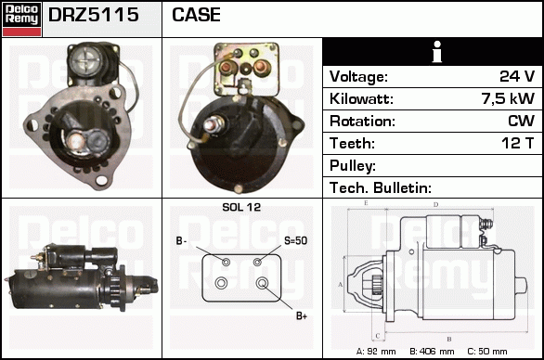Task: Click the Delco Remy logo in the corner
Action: tap(21, 19)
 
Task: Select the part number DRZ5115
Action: tap(94, 15)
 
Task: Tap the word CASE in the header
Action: tap(196, 15)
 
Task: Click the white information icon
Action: tap(437, 52)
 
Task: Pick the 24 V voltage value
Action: tap(517, 76)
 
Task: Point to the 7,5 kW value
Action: tap(508, 98)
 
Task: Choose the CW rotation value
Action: tap(521, 121)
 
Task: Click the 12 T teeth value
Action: tap(518, 143)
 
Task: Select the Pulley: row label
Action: tap(353, 166)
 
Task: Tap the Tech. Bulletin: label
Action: tap(381, 187)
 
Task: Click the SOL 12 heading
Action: tap(241, 207)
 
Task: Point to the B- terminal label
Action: tap(181, 240)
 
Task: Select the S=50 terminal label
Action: tap(295, 240)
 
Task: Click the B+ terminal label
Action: tap(302, 315)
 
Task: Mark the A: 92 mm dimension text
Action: tap(376, 352)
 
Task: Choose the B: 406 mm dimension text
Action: tap(432, 352)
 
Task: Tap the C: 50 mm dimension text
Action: tap(487, 352)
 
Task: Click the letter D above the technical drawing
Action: tap(436, 205)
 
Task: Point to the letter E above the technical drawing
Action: tap(366, 203)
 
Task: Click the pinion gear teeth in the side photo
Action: tap(113, 290)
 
